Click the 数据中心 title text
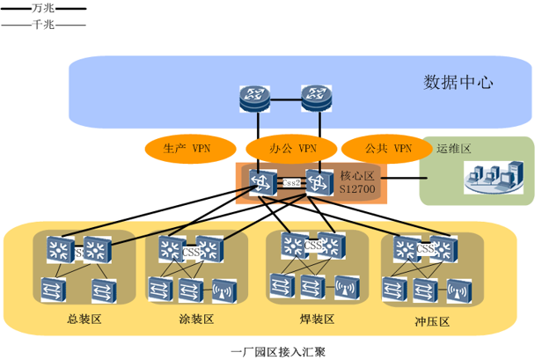[458, 84]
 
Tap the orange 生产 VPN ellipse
[188, 149]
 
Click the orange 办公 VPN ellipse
[282, 149]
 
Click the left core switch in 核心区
[261, 182]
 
